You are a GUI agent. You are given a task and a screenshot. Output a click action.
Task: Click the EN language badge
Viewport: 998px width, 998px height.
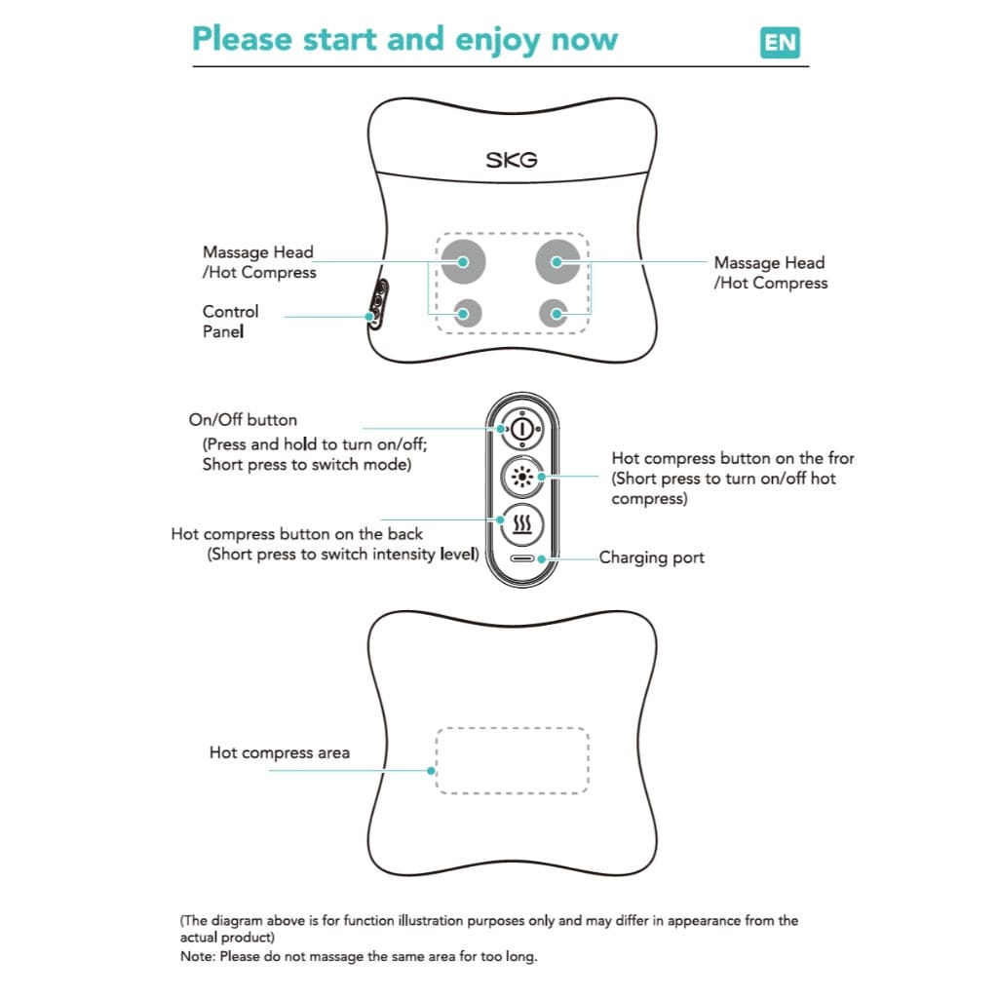pyautogui.click(x=779, y=43)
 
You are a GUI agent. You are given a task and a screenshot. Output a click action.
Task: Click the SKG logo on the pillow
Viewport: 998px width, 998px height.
pyautogui.click(x=512, y=159)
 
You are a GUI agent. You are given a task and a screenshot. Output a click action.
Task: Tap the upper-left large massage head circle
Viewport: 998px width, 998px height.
pyautogui.click(x=462, y=260)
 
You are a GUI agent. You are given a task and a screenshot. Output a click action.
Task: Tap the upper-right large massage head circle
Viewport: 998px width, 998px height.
pyautogui.click(x=557, y=260)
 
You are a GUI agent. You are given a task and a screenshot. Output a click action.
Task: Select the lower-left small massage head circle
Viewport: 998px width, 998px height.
pyautogui.click(x=467, y=314)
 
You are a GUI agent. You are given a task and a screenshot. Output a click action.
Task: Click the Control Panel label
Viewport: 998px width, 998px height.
pyautogui.click(x=230, y=322)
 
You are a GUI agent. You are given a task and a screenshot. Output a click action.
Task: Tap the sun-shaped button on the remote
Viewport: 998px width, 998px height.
pyautogui.click(x=522, y=477)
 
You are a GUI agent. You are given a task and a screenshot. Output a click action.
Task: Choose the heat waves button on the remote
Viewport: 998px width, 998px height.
pyautogui.click(x=522, y=526)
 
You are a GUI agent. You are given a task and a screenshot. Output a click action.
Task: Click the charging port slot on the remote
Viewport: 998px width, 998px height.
pyautogui.click(x=523, y=559)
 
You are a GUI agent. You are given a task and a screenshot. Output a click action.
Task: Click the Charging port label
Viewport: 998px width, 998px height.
pyautogui.click(x=651, y=557)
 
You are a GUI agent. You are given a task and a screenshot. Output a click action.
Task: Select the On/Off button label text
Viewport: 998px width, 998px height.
pyautogui.click(x=243, y=420)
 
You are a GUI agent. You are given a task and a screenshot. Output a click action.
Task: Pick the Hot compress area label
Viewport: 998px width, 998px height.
pyautogui.click(x=279, y=752)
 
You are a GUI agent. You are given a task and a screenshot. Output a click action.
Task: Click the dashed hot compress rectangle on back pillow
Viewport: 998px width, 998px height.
pyautogui.click(x=512, y=760)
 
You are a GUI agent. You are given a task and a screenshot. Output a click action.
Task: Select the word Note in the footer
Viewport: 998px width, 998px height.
pyautogui.click(x=198, y=956)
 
